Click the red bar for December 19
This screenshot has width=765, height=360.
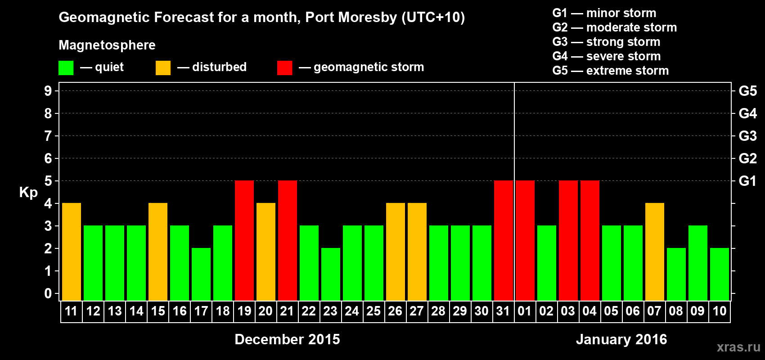click(x=244, y=240)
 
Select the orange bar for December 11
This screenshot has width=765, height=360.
click(x=72, y=252)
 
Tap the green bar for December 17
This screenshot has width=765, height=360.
click(x=201, y=274)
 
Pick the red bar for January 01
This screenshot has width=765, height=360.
click(x=525, y=240)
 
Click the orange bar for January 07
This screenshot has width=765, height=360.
click(x=655, y=252)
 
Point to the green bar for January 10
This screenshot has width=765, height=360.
click(x=720, y=274)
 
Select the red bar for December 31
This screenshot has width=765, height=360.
click(x=504, y=240)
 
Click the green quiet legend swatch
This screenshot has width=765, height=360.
click(x=66, y=68)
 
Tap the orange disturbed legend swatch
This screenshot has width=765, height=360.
click(x=163, y=68)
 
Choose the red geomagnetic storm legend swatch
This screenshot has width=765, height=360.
click(x=284, y=68)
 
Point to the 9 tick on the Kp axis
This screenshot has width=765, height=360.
click(x=48, y=91)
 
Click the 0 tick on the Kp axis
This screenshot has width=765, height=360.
click(x=48, y=293)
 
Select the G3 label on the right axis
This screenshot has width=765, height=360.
click(x=747, y=136)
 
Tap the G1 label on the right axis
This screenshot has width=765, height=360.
click(x=747, y=181)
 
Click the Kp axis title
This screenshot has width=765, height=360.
click(x=28, y=193)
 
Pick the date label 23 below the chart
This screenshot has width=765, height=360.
click(x=330, y=311)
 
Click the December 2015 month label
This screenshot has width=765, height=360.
click(x=287, y=339)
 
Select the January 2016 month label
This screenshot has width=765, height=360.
click(x=621, y=339)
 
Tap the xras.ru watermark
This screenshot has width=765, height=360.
click(x=738, y=347)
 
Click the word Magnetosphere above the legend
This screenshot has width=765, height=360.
click(x=107, y=45)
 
